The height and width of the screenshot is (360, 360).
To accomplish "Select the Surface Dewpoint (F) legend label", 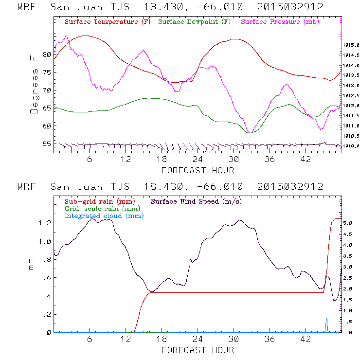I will pyautogui.click(x=194, y=22).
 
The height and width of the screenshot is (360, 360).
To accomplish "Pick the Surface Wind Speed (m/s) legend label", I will pyautogui.click(x=197, y=200).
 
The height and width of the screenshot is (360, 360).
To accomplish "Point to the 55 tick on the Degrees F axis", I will pyautogui.click(x=47, y=144).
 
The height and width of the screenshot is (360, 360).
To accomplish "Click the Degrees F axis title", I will pyautogui.click(x=34, y=84).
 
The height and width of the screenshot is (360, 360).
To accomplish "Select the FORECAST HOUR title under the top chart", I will pyautogui.click(x=198, y=170).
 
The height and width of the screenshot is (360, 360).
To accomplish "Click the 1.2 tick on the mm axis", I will pyautogui.click(x=45, y=223).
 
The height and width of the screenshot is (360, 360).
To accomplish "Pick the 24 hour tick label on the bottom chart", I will pyautogui.click(x=198, y=339).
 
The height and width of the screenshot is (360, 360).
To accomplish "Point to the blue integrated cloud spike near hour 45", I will pyautogui.click(x=326, y=325).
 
